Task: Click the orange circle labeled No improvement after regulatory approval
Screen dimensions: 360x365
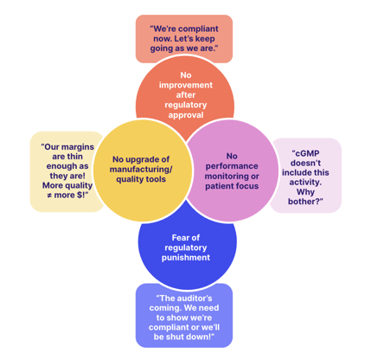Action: pos(185,87)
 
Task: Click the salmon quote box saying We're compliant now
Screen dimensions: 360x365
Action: pos(183,38)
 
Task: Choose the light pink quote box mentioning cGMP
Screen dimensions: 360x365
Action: pos(306,176)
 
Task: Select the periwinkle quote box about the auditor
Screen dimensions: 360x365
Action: pos(183,317)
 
